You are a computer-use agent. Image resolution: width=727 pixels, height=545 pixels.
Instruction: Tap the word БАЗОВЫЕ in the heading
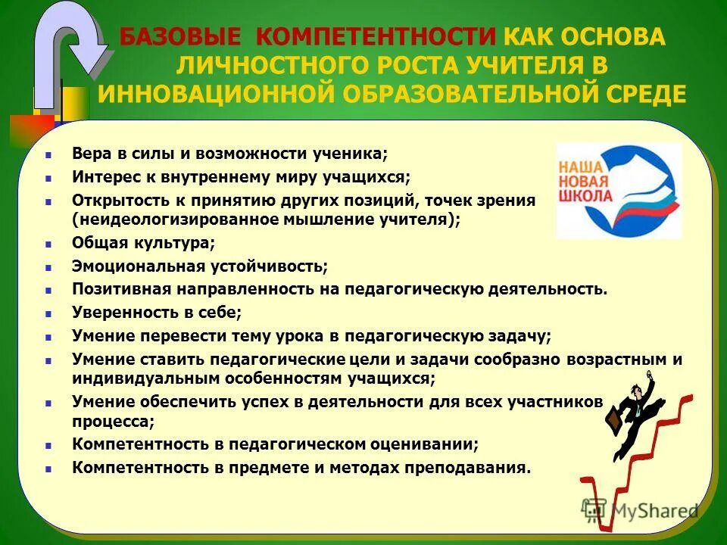180,36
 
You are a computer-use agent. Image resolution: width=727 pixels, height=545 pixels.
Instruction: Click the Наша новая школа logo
619,190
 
